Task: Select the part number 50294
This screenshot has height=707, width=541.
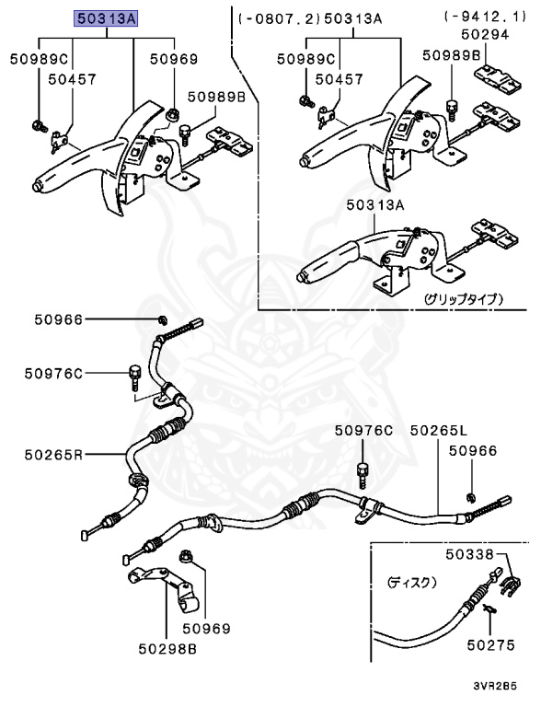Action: [x=483, y=33]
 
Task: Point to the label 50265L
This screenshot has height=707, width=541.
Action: [x=439, y=430]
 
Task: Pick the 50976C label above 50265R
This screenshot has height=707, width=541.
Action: [x=53, y=373]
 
